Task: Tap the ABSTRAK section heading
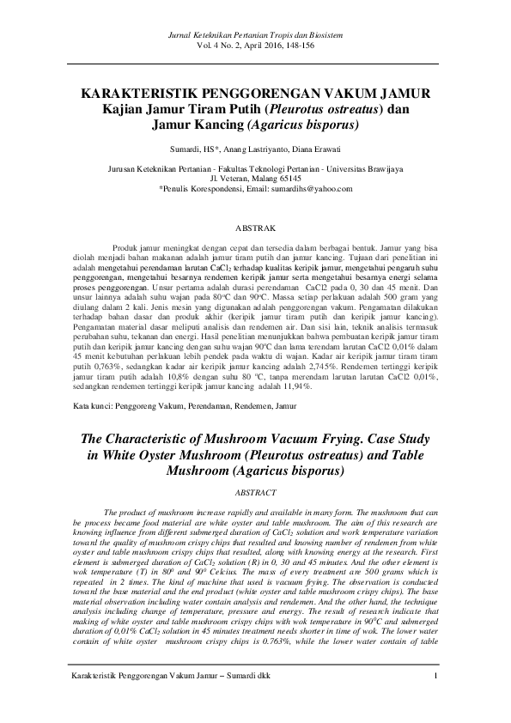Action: [255, 229]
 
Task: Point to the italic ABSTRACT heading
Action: [255, 492]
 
